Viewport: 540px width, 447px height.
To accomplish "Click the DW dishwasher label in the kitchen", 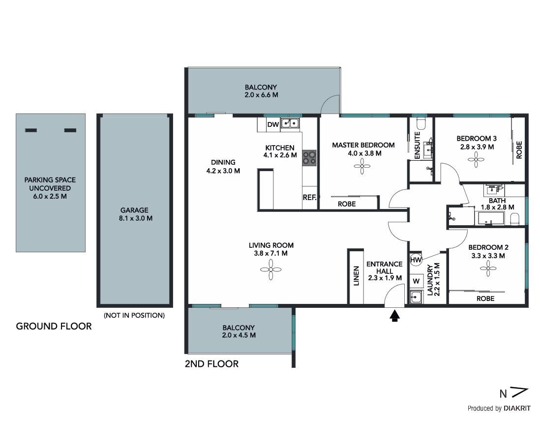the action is (x=273, y=125).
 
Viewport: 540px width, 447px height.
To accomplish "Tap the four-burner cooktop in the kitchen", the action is (x=309, y=158).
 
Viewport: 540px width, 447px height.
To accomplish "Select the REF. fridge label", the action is (x=310, y=197).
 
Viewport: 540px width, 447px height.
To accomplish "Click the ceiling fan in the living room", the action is (x=270, y=269).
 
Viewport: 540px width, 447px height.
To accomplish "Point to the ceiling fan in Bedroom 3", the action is (x=476, y=159).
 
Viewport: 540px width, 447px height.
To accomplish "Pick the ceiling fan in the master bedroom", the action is (x=362, y=166).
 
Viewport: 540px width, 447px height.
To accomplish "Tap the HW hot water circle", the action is (x=416, y=260).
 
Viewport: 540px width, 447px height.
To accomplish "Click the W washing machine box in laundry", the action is (x=416, y=281).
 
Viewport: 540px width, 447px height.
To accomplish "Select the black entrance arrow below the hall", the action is (x=394, y=315).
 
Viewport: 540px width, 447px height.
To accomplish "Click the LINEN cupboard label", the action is (x=357, y=275).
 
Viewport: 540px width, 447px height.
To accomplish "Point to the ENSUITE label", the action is (x=417, y=146).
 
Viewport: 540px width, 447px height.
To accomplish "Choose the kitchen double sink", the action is (x=290, y=123).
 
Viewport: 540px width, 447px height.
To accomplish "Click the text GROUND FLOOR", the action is (x=54, y=326).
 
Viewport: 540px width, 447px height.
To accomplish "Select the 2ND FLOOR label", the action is (x=211, y=364).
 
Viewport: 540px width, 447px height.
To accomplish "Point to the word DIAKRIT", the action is (x=517, y=409).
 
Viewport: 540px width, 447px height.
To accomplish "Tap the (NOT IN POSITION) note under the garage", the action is (x=134, y=315).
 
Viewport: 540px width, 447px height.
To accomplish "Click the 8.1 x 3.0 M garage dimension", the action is (x=136, y=218).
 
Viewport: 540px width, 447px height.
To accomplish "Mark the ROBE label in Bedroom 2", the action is (x=485, y=298).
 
